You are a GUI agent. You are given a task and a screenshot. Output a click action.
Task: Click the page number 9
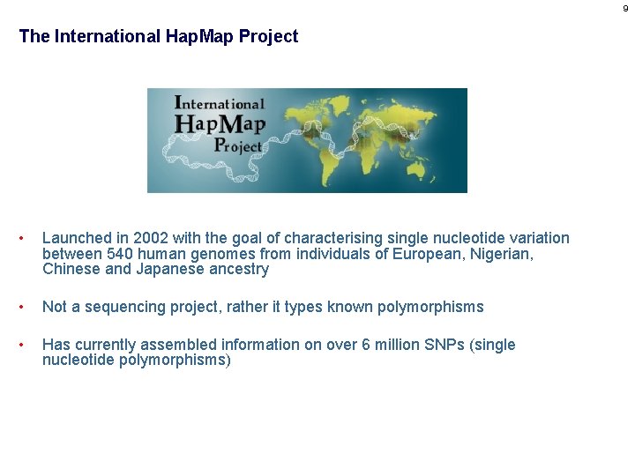pyautogui.click(x=625, y=9)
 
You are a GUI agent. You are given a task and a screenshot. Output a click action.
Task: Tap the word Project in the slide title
pyautogui.click(x=268, y=37)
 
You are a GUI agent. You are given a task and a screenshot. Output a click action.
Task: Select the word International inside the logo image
pyautogui.click(x=220, y=102)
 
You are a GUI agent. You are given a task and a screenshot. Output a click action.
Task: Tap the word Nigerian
pyautogui.click(x=505, y=254)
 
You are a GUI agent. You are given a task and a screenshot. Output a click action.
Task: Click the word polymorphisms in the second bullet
pyautogui.click(x=429, y=307)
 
